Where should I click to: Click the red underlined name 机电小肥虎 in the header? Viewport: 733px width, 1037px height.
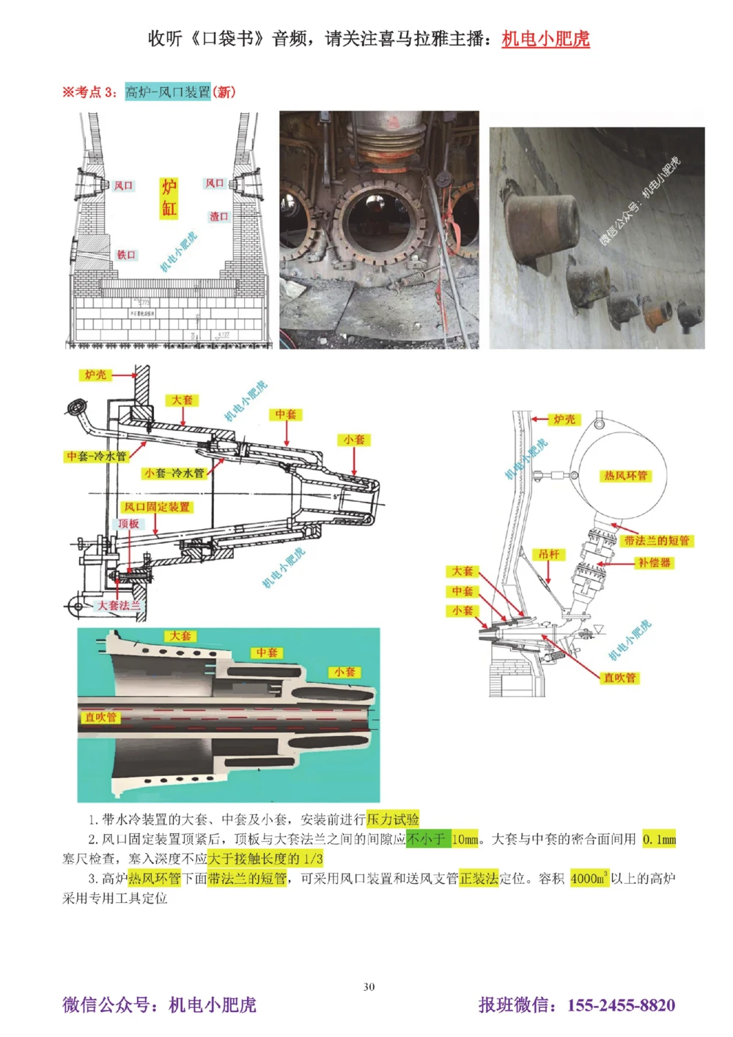[545, 38]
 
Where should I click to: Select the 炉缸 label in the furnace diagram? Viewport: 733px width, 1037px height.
[169, 198]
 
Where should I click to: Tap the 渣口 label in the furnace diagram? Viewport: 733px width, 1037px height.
[218, 216]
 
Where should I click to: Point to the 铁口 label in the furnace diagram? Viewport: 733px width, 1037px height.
[126, 254]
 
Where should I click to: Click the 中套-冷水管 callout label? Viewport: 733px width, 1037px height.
[97, 456]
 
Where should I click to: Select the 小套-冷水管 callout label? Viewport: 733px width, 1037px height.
[174, 473]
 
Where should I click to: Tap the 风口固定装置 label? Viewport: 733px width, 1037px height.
[156, 506]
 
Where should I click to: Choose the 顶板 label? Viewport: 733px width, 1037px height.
[129, 523]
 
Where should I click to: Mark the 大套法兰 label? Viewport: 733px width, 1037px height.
[119, 605]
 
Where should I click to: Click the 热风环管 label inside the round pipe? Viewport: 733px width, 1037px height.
[625, 476]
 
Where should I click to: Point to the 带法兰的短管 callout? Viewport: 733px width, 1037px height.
[657, 540]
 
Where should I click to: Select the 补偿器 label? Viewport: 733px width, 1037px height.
[654, 562]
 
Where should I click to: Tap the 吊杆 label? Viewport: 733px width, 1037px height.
[549, 554]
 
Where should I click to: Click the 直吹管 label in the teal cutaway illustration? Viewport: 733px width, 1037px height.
[100, 717]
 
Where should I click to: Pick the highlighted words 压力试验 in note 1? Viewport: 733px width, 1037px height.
[392, 819]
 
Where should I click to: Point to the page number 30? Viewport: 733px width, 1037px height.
[369, 986]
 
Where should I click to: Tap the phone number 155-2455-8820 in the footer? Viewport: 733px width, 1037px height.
[621, 1005]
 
